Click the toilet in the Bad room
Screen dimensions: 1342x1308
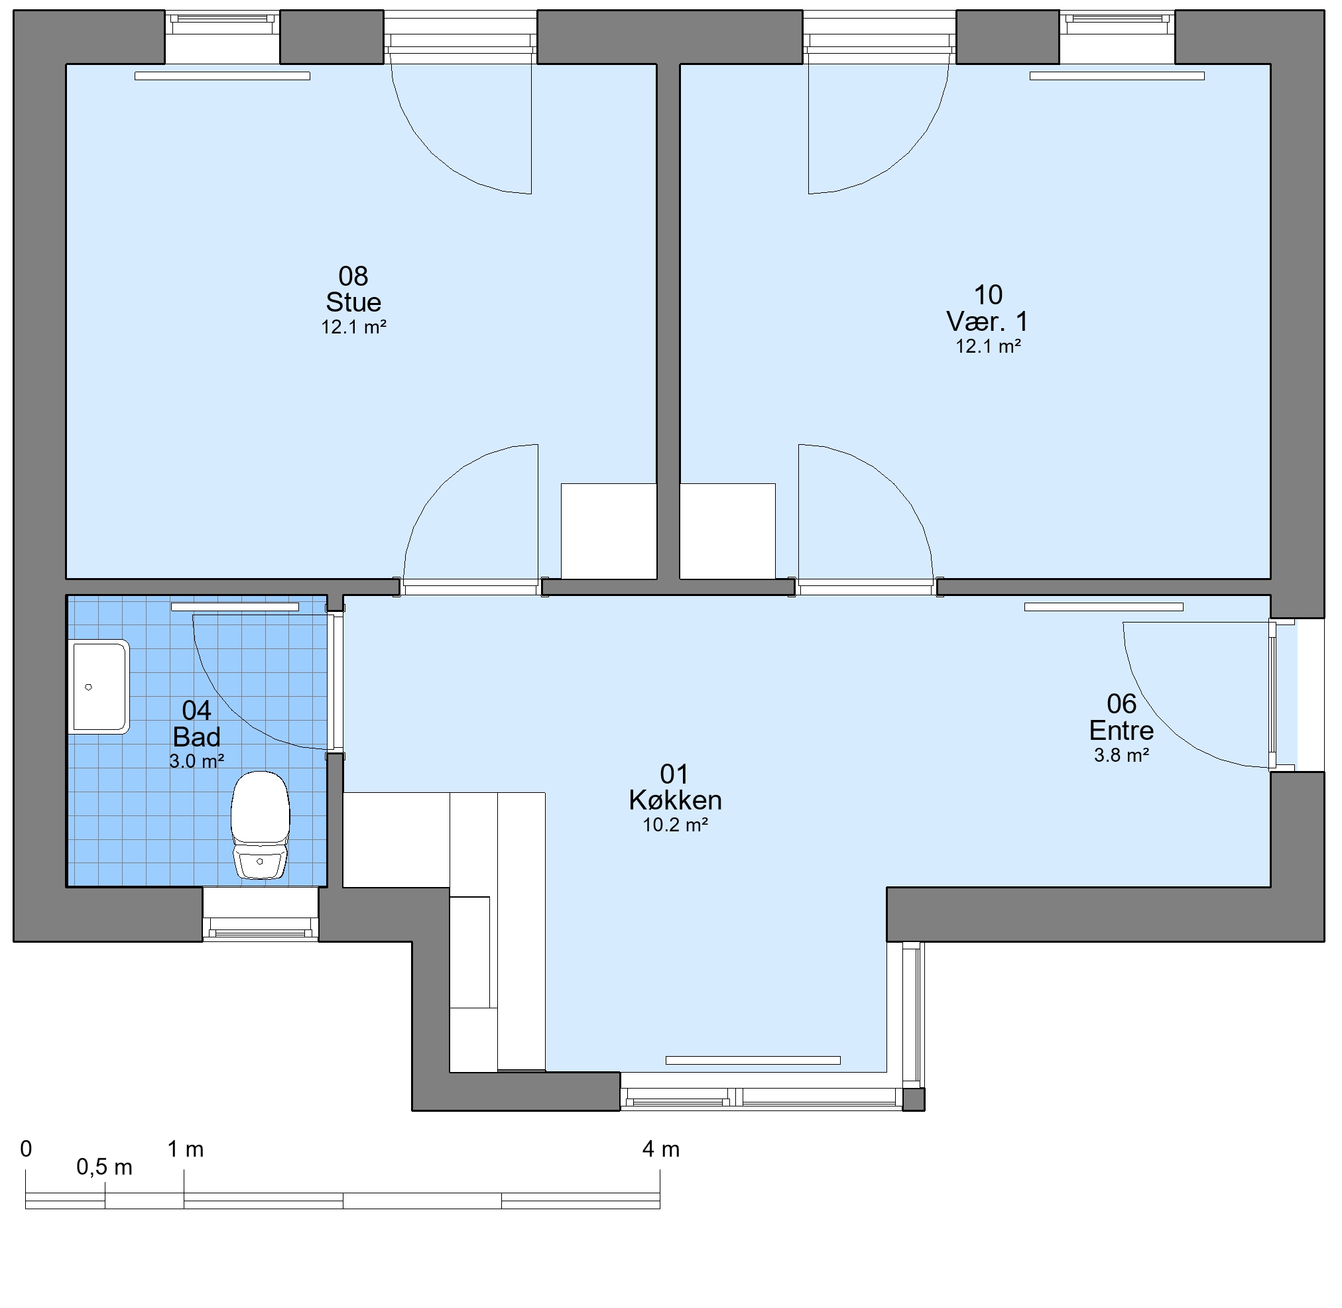tap(260, 825)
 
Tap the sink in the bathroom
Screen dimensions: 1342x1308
tap(99, 687)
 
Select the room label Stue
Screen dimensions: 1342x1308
tap(353, 302)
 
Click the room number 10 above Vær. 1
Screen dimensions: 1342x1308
tap(988, 296)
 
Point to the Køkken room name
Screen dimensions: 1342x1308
tap(675, 800)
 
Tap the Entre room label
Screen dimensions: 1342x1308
tap(1121, 729)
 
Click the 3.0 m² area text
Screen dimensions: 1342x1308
tap(196, 761)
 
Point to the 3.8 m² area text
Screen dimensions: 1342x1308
tap(1121, 755)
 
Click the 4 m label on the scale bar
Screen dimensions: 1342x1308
tap(661, 1149)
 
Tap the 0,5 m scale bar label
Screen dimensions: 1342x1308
tap(105, 1167)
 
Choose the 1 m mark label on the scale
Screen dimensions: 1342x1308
tap(186, 1149)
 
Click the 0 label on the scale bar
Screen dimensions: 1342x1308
tap(26, 1149)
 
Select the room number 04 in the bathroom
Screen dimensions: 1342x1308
tap(196, 710)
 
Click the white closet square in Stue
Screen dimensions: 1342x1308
tap(609, 531)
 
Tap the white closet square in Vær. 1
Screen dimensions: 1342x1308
tap(727, 531)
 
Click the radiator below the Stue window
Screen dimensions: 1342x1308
tap(222, 76)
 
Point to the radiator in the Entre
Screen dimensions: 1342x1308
tap(1103, 607)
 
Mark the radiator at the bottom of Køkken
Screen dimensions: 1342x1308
tap(753, 1060)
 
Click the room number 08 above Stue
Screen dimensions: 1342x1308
tap(353, 276)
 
